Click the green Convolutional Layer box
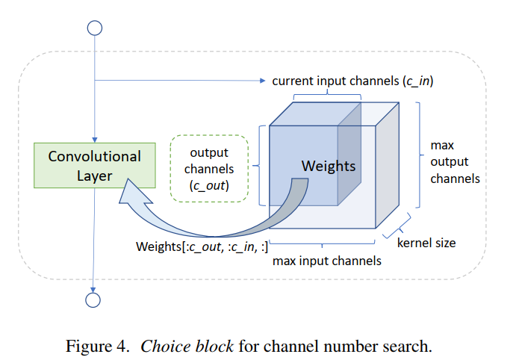[95, 166]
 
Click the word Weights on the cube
[329, 166]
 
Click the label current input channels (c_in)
[352, 81]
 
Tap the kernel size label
[426, 243]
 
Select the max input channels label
[327, 261]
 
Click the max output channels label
[455, 162]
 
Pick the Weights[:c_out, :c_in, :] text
[202, 246]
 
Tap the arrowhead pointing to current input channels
[262, 81]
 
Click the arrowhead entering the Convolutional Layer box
[95, 140]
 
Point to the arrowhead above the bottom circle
[93, 290]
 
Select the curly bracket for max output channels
[419, 155]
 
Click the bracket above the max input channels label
[322, 244]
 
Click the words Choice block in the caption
[187, 346]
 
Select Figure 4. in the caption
[97, 346]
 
